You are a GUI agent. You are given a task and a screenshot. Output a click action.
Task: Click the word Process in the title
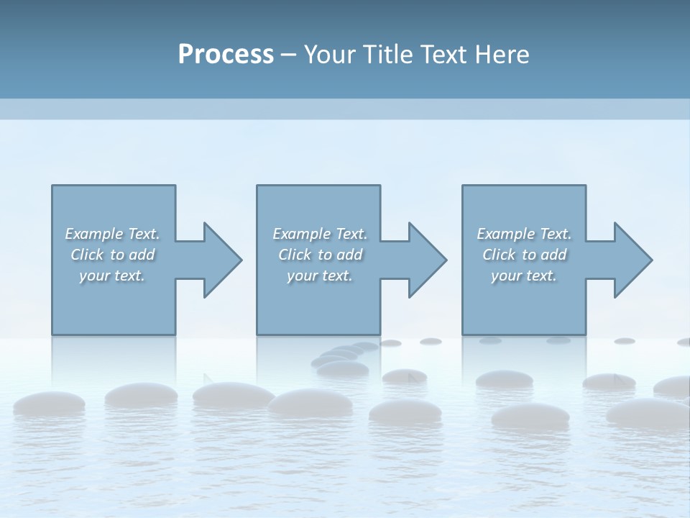[226, 54]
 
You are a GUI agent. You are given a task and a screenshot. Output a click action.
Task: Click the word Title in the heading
[386, 54]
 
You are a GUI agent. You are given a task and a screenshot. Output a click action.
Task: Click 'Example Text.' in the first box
[112, 234]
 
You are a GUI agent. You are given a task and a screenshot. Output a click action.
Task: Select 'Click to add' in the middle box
[320, 255]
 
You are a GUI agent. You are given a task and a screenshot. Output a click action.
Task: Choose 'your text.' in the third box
[524, 276]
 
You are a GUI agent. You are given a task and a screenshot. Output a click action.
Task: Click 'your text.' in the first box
[112, 276]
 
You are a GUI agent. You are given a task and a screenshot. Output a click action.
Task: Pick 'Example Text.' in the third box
[524, 234]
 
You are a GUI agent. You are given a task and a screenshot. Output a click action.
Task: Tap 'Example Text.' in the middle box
[320, 234]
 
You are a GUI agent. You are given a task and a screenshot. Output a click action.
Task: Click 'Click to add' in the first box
[112, 255]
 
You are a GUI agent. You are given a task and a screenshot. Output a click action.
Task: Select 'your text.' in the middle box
[320, 276]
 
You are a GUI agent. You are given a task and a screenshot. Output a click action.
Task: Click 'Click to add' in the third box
[524, 255]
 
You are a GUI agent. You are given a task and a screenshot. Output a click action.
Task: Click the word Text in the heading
[442, 54]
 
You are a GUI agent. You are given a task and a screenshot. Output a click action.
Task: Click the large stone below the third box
[530, 415]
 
